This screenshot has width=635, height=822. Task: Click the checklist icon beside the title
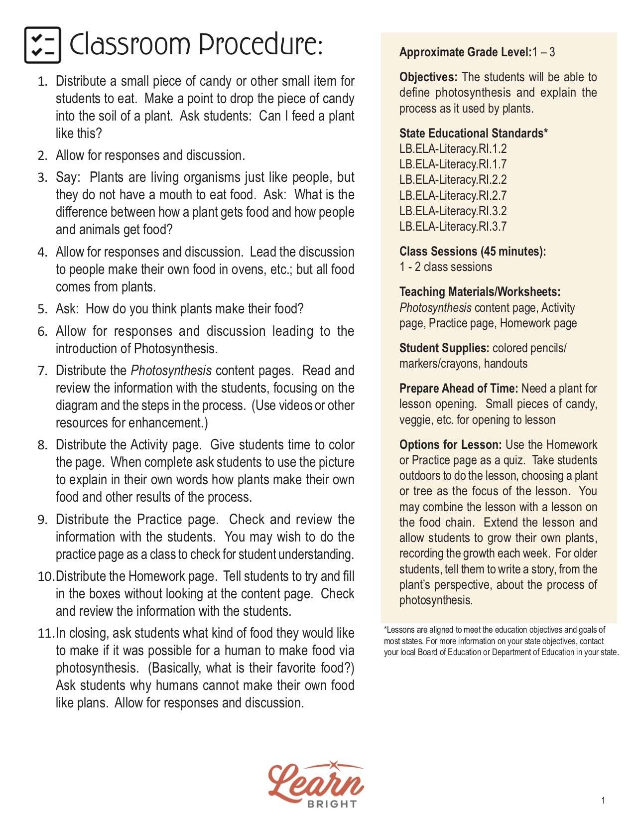point(42,45)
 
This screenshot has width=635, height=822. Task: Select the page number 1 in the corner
point(603,801)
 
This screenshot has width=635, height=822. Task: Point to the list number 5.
point(42,309)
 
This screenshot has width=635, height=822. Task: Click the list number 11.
point(45,634)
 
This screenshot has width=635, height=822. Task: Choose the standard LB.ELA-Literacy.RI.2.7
point(453,196)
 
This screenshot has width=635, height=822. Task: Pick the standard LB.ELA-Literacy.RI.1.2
point(453,149)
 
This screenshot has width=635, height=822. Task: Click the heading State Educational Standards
point(473,134)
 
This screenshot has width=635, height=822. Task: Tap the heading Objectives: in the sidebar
point(428,77)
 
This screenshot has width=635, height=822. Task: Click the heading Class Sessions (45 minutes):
point(472,252)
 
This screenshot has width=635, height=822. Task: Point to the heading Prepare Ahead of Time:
point(458,389)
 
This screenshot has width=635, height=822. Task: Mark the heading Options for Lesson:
point(450,445)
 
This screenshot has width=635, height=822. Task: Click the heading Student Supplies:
point(444,348)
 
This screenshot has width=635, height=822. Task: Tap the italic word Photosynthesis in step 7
point(171,371)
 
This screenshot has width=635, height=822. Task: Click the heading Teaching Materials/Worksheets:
point(480,292)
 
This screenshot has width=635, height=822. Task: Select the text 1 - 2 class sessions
point(445,267)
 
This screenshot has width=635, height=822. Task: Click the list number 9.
point(42,520)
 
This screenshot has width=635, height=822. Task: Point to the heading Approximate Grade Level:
point(465,52)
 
